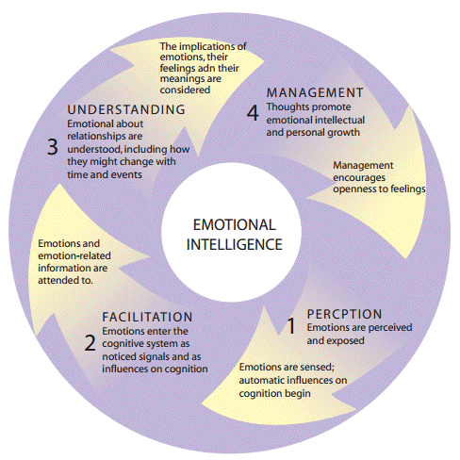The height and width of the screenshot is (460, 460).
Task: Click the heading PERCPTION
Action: [x=344, y=314]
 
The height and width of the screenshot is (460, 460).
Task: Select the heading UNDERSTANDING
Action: [x=125, y=109]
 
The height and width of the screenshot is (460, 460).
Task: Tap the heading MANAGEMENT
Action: [x=315, y=92]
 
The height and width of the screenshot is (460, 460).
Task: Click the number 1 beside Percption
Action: [x=291, y=326]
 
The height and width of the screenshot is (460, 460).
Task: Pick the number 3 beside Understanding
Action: [x=53, y=146]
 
